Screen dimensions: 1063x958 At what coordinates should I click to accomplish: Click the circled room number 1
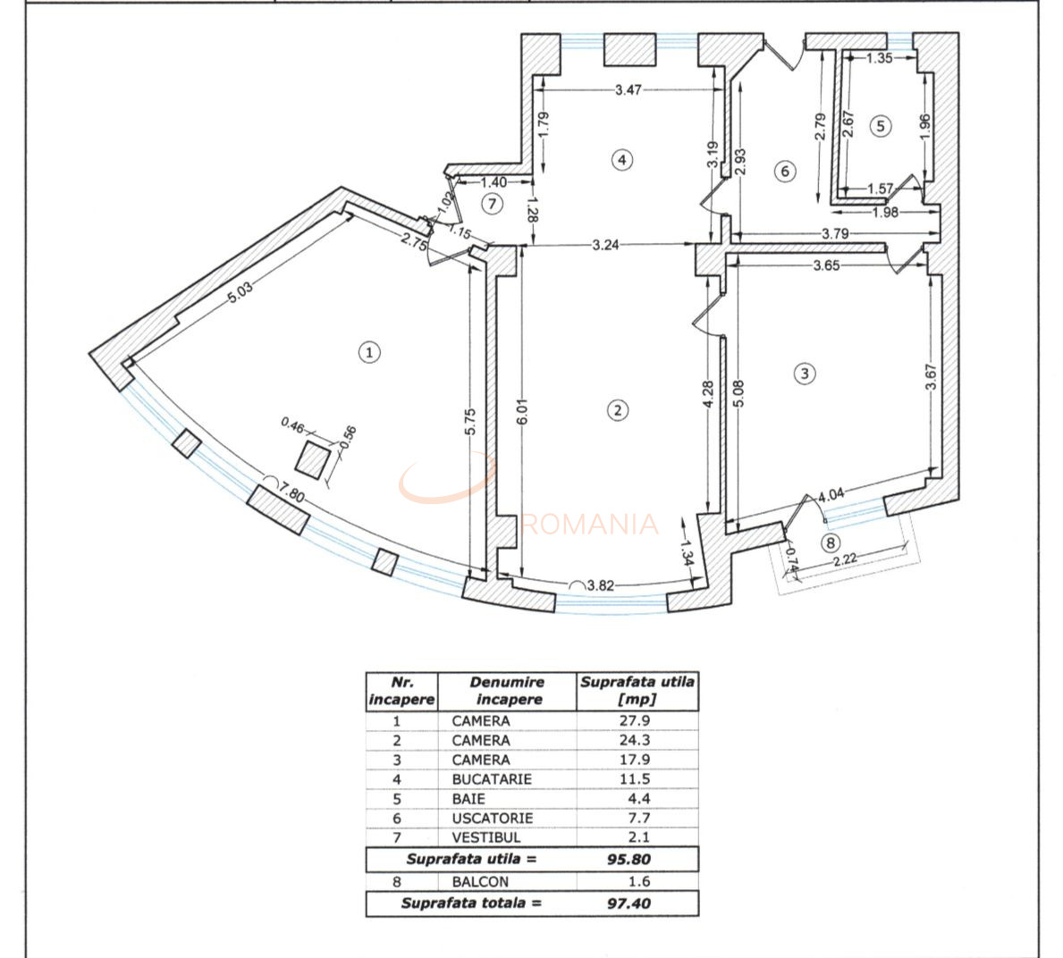point(369,352)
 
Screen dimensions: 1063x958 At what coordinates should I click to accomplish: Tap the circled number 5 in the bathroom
point(881,126)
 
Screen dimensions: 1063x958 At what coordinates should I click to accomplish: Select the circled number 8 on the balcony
point(831,542)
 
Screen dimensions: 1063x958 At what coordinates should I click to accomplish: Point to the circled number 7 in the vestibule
point(493,203)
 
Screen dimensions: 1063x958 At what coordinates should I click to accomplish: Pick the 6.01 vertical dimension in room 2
point(521,410)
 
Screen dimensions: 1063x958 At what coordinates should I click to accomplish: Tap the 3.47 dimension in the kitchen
point(628,89)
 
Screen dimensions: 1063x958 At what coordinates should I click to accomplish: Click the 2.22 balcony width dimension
point(845,559)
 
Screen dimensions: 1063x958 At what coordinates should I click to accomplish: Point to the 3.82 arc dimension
point(601,585)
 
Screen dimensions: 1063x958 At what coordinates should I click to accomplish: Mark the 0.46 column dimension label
point(293,424)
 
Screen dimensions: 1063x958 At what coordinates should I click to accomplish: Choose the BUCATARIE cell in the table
point(492,779)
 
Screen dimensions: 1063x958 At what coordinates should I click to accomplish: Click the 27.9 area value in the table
point(635,720)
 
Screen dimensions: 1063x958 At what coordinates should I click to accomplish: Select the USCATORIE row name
point(493,818)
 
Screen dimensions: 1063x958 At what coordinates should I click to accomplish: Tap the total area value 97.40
point(629,903)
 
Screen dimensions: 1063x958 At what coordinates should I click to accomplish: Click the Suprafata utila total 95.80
point(629,859)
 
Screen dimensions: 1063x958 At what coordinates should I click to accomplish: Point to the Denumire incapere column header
point(507,691)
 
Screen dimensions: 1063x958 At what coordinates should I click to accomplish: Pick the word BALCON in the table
point(480,881)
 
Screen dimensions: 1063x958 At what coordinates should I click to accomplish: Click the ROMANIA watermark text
point(590,525)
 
